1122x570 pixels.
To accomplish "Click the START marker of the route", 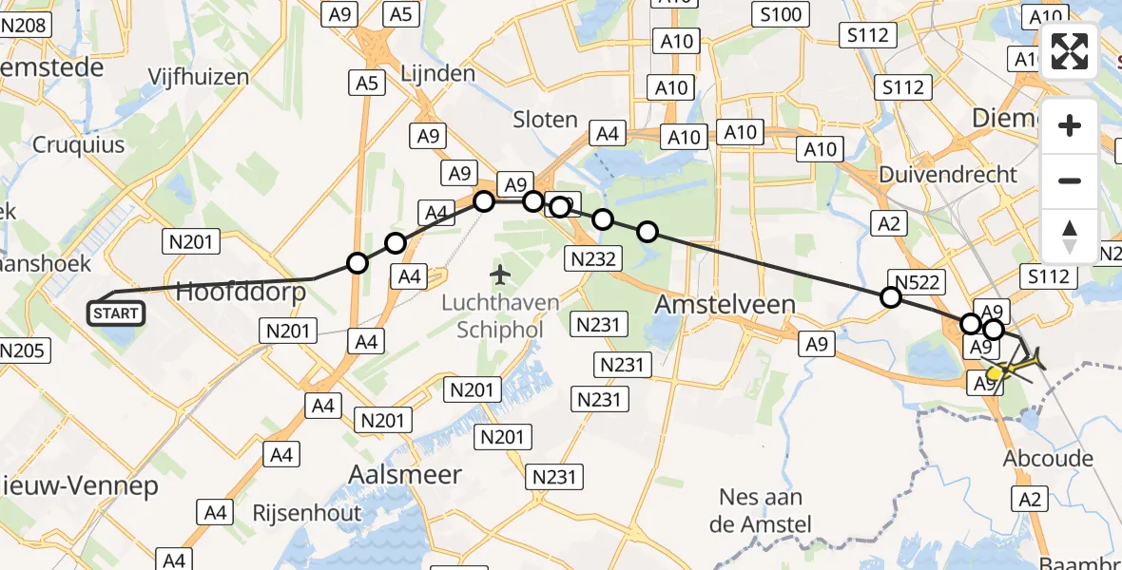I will point(116,313).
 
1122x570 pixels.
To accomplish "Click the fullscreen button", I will point(1070,51).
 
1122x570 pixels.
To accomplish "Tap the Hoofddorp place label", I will point(242,292).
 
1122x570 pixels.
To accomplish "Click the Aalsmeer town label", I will point(405,474).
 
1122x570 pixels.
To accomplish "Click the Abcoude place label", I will point(1048,459).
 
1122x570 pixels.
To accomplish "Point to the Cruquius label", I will point(79,145).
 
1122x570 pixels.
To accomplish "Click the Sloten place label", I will point(545,120).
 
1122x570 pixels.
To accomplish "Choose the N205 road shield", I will point(20,351).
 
